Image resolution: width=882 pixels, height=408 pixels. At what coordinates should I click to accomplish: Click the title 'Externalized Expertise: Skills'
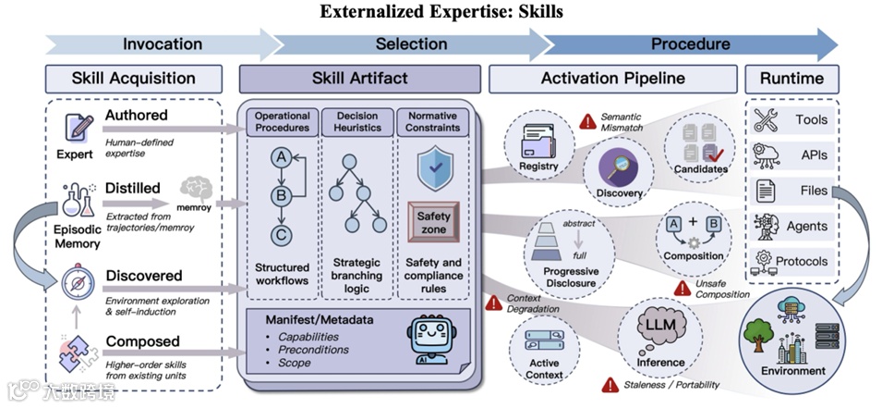pyautogui.click(x=441, y=12)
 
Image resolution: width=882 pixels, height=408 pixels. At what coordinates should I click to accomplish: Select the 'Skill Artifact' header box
pyautogui.click(x=360, y=78)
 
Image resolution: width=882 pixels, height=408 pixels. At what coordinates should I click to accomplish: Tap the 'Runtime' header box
pyautogui.click(x=791, y=78)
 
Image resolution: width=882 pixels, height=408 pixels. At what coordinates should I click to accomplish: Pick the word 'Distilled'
pyautogui.click(x=133, y=188)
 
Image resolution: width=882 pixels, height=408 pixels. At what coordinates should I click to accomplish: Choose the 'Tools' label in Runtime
pyautogui.click(x=811, y=119)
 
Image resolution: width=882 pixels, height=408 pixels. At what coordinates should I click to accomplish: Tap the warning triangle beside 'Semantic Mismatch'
pyautogui.click(x=587, y=121)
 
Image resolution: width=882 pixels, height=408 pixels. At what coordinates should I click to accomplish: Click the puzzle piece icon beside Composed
pyautogui.click(x=76, y=352)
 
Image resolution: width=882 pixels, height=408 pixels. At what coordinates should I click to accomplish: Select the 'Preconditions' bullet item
pyautogui.click(x=313, y=350)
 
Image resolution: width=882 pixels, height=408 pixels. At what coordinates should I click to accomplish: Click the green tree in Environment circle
pyautogui.click(x=759, y=338)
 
